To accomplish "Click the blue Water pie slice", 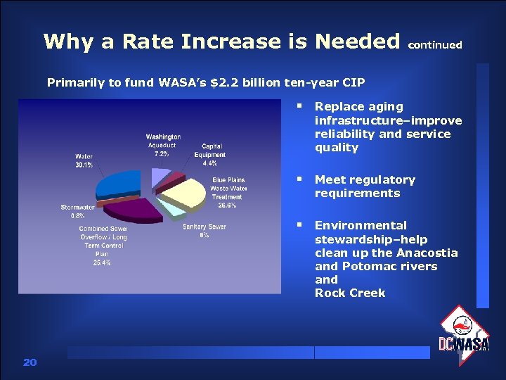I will [x=119, y=184].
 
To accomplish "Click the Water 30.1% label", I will [x=84, y=160].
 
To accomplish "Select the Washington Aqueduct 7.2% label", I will [x=163, y=144].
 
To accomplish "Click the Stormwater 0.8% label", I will [x=77, y=211].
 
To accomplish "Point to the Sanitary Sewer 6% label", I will [x=204, y=231].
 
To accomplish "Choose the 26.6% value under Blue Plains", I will [x=227, y=205].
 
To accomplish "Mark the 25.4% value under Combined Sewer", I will [x=102, y=262].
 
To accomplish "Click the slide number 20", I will [x=30, y=362].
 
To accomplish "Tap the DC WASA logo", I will [x=464, y=336].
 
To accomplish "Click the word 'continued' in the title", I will [x=435, y=44].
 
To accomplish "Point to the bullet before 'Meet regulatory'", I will [x=299, y=180].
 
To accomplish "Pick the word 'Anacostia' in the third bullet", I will [x=427, y=253].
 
